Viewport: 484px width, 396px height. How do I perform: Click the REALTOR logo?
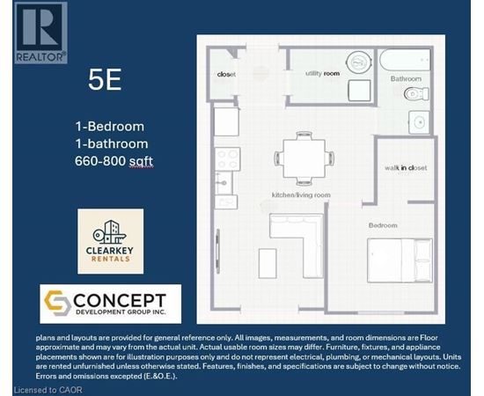(41, 33)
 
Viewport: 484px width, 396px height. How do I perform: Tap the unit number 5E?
(105, 79)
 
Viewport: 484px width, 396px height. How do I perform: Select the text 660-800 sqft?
(114, 161)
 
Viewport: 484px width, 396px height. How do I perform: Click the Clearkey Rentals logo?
(111, 241)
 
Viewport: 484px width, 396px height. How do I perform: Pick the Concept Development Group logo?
(111, 304)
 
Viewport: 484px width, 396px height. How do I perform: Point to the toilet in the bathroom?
(416, 94)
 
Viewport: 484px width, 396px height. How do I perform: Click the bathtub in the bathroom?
(405, 60)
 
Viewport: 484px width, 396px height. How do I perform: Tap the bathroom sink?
(419, 122)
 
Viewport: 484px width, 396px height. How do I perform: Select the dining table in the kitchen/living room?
(304, 158)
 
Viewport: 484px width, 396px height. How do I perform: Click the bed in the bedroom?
(400, 260)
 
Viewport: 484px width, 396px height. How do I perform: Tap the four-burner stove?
(228, 159)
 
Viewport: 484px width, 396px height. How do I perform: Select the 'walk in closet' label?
(406, 168)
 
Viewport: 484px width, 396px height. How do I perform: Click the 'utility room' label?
(323, 73)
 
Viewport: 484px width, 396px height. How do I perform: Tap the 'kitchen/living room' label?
(301, 195)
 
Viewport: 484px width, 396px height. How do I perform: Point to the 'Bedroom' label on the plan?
(383, 225)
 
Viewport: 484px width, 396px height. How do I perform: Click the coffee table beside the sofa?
(268, 263)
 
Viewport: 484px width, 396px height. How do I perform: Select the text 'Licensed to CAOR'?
(48, 390)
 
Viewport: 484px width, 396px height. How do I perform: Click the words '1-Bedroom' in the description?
(110, 127)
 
